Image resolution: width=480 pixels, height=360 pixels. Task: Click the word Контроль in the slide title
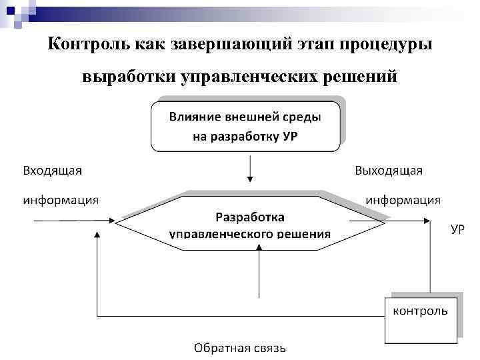[83, 45]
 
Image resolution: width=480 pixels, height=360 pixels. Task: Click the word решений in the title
[361, 77]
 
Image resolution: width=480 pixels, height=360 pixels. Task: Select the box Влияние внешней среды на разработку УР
[245, 126]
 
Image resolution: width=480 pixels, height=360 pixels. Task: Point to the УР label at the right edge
[458, 229]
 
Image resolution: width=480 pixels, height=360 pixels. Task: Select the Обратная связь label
[240, 347]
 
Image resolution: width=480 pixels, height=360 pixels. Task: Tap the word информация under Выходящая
[403, 199]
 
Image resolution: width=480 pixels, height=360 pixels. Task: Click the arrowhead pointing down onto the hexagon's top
[250, 179]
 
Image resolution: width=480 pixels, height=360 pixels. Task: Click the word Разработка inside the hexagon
[250, 217]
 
